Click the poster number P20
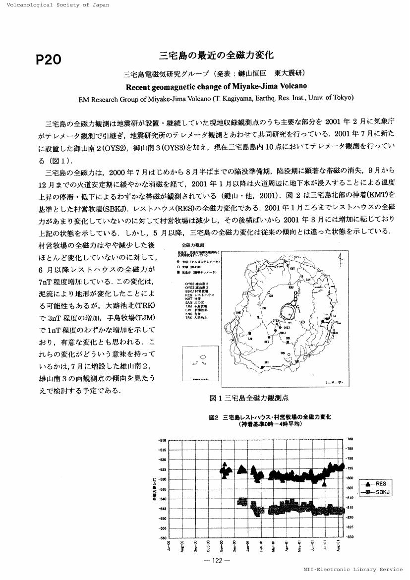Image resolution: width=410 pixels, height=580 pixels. point(49,59)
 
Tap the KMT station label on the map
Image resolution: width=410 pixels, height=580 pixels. point(293,268)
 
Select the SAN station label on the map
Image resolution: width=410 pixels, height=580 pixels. point(308,279)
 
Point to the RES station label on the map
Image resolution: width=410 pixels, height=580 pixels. point(267,342)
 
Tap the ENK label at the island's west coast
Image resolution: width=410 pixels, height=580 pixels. point(238,313)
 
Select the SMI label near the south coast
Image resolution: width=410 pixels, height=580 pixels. point(267,362)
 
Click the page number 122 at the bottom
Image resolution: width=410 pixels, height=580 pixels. point(217,561)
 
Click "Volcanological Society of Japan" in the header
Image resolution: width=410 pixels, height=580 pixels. point(55,5)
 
